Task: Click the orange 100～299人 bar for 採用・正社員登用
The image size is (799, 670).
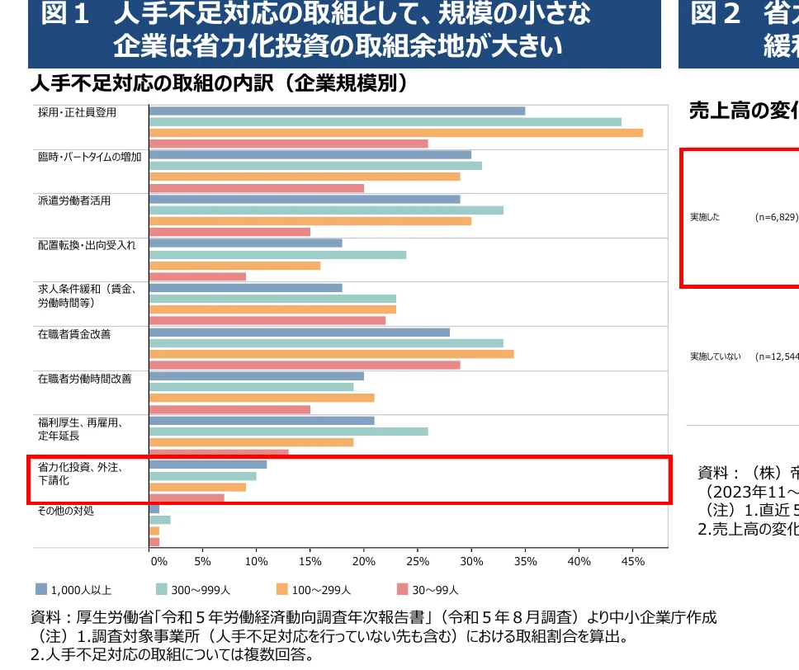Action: pos(395,133)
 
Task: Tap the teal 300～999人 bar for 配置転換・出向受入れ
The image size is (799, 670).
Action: pos(277,255)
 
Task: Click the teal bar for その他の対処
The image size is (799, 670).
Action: pos(159,520)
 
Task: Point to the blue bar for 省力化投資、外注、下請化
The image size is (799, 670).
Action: pos(207,465)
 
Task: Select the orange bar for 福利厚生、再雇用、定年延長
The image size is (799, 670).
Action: pos(251,442)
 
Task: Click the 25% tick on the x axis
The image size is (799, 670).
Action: pos(418,561)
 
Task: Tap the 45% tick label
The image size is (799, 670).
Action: pos(632,561)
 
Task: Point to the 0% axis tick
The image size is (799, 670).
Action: pos(158,561)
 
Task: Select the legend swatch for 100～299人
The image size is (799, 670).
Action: pos(281,589)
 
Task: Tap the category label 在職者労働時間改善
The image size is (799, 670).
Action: pos(84,379)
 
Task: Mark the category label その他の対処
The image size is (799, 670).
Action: pos(66,512)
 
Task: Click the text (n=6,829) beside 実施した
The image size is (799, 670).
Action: pos(776,217)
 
